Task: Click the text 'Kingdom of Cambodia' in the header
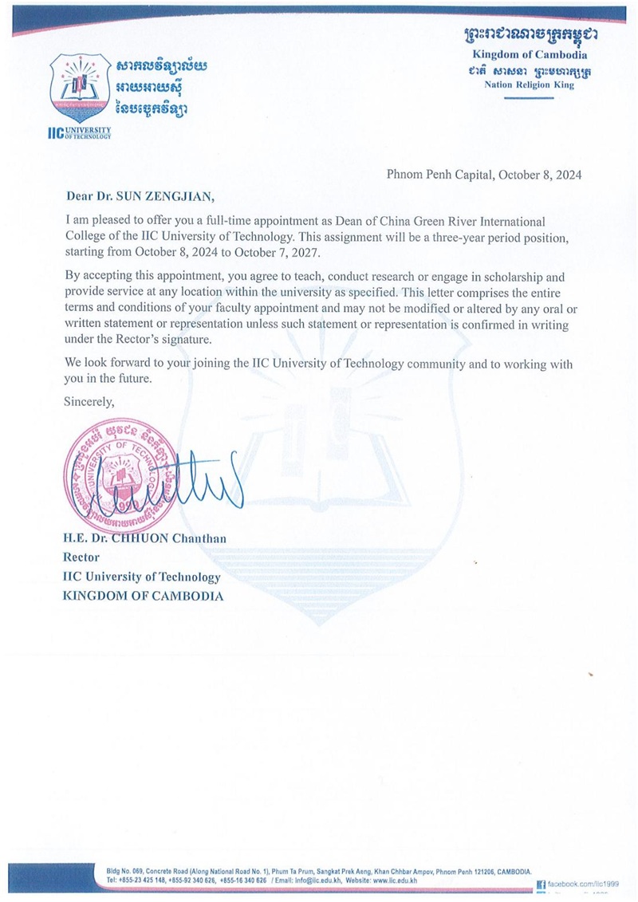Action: (x=529, y=55)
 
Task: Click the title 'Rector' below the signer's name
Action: (x=81, y=557)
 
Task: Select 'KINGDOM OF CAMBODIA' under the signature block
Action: (x=144, y=596)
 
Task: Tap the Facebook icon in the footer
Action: (x=541, y=884)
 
